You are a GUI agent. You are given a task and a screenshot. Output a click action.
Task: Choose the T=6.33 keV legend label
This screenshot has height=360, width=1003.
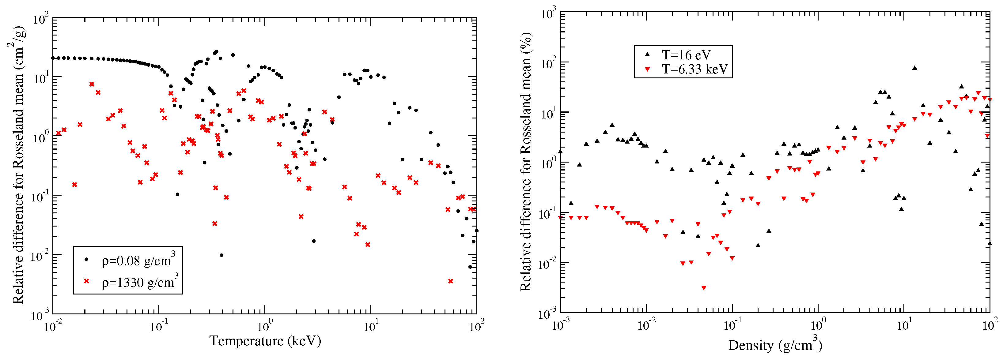coord(695,69)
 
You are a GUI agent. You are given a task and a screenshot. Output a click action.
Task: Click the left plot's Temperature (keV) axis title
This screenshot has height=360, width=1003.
coord(265,341)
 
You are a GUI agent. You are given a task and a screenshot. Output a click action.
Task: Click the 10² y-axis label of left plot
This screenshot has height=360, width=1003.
coord(40,19)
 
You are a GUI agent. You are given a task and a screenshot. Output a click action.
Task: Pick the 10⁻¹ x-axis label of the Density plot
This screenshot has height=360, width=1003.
coord(732,324)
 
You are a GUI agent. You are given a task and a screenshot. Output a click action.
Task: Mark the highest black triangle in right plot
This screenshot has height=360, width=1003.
coord(914,68)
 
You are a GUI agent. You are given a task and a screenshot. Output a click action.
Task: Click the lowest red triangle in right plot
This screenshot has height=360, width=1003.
coord(704,288)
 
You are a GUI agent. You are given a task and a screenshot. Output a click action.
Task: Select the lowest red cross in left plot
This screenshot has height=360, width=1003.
coord(451,281)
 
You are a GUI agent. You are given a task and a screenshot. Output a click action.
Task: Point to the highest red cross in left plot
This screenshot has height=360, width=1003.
coord(92,84)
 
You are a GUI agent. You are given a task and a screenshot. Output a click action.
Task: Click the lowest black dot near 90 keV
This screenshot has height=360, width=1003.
coord(470,267)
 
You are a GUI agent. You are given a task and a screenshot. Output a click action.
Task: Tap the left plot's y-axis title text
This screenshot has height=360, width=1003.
coord(19,165)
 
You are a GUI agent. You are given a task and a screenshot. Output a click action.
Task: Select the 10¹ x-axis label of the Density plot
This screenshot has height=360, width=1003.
coord(904,324)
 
